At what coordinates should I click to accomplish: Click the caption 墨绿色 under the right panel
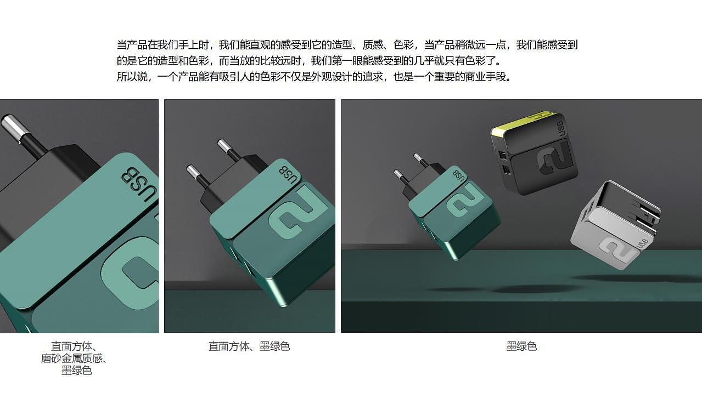coord(521,346)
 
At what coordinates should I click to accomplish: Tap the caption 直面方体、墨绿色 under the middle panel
coord(249,346)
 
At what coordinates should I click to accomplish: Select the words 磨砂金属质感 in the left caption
coord(71,358)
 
